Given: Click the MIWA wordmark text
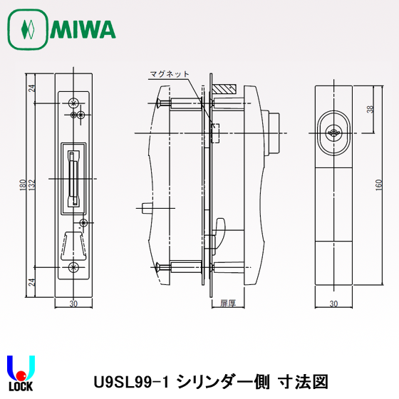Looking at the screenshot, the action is [x=83, y=29].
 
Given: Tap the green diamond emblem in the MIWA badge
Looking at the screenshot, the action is [x=28, y=29].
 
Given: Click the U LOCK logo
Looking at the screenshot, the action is [x=21, y=373].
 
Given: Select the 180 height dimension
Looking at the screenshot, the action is [x=23, y=185].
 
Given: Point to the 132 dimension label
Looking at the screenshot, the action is [x=31, y=185].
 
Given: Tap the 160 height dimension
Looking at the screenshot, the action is [x=379, y=185].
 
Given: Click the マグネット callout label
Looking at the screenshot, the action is [x=170, y=74].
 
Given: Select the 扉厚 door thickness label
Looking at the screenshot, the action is [x=228, y=303].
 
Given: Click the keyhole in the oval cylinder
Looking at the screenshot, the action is [x=333, y=133].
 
